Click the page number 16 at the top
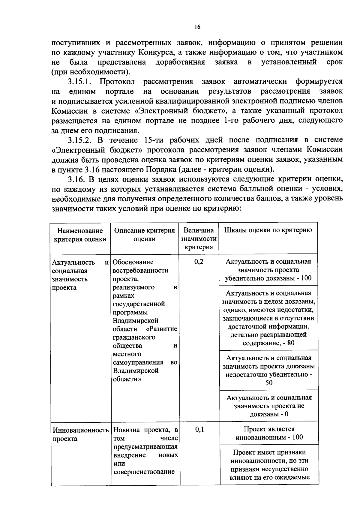(x=197, y=27)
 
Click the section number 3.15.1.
(x=81, y=82)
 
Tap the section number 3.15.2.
(x=81, y=140)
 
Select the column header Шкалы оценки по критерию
(x=268, y=230)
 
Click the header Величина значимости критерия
(x=199, y=238)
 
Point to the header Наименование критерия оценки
(x=80, y=235)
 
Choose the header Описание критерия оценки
(x=144, y=235)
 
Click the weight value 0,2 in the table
(x=199, y=262)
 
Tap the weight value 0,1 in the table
(x=199, y=430)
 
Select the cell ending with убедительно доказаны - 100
(x=268, y=270)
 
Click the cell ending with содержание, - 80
(x=268, y=318)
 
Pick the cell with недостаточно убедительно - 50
(x=268, y=370)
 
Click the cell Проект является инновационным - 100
(x=269, y=433)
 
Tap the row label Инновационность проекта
(x=80, y=434)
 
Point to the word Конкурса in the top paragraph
(x=156, y=52)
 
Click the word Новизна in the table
(x=126, y=430)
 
